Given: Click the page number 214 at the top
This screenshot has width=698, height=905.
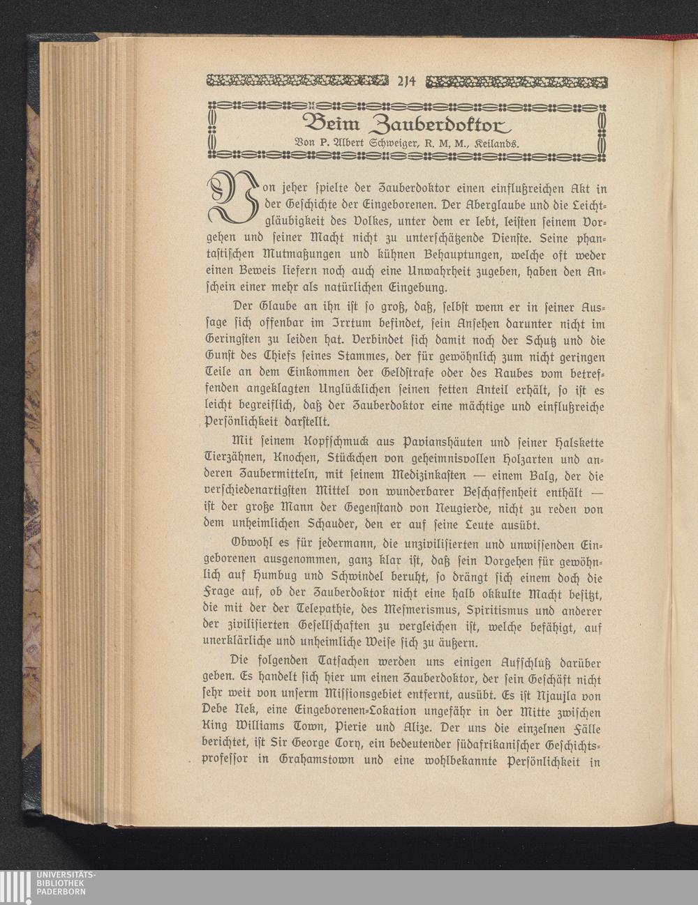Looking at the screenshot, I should tap(406, 83).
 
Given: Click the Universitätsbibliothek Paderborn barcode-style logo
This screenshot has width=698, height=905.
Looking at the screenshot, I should tap(15, 887).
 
